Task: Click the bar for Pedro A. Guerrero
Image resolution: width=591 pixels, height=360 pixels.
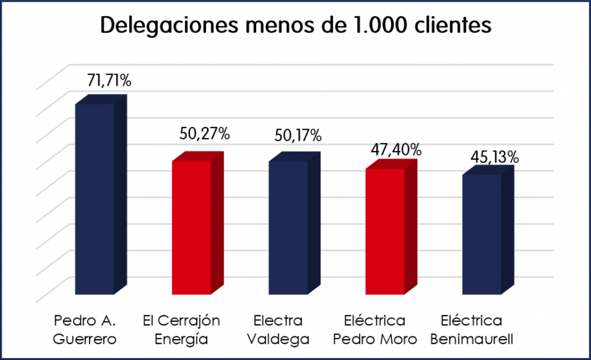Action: click(95, 199)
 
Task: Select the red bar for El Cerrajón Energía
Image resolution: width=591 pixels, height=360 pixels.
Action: click(192, 227)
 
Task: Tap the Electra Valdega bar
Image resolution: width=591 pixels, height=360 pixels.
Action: click(289, 227)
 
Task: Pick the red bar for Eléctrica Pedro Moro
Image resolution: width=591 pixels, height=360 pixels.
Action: click(385, 231)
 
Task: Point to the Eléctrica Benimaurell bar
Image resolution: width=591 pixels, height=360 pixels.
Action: click(482, 234)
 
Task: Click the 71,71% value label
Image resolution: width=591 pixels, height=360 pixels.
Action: click(109, 81)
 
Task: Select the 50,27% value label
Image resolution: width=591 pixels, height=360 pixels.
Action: click(205, 135)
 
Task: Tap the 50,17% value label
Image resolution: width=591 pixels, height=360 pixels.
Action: click(298, 136)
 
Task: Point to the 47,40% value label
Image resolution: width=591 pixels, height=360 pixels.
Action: click(395, 149)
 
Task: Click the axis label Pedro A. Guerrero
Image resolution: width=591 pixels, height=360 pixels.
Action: click(85, 329)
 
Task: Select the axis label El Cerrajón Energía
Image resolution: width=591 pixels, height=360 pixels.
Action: click(181, 329)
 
